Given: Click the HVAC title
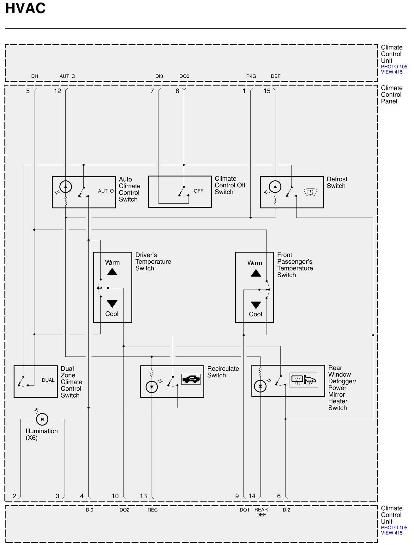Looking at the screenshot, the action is click(26, 9).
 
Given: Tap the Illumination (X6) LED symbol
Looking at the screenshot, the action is click(42, 419).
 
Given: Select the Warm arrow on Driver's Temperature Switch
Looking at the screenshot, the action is click(112, 272).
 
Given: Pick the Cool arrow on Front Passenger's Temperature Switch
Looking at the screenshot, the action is click(256, 305).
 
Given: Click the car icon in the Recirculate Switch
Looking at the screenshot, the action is click(191, 379).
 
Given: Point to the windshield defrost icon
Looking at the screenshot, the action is click(310, 192).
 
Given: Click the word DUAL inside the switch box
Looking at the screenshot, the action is click(48, 380).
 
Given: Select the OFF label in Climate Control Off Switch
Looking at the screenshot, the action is click(198, 191).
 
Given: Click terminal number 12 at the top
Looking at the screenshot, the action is click(57, 91).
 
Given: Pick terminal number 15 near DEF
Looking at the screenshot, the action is click(267, 91).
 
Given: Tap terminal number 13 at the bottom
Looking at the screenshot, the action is click(143, 496).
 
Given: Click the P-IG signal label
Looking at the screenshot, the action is click(251, 76).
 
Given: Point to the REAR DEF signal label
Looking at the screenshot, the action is click(261, 512).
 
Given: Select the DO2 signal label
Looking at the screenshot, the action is click(124, 510).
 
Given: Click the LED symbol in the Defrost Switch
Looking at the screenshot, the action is click(275, 187).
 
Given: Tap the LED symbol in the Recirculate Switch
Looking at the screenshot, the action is click(152, 387).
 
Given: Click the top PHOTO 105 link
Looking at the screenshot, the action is click(394, 67).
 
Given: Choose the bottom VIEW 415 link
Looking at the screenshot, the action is click(392, 533).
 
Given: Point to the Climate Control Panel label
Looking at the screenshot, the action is click(392, 94).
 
